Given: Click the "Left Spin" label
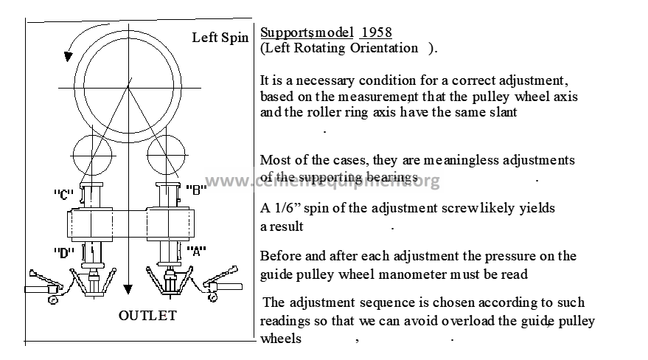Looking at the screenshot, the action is tap(220, 38).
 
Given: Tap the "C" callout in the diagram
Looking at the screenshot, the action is tap(63, 194).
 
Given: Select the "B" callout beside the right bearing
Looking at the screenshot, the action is tap(196, 190).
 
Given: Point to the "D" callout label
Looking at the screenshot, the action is tap(64, 252).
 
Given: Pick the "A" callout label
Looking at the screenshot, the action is tap(196, 251).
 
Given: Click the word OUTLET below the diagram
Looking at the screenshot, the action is tap(147, 316).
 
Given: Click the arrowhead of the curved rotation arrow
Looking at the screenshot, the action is tap(68, 57).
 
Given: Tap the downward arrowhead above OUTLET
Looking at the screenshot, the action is tap(128, 289).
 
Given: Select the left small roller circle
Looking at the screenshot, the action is tap(93, 136).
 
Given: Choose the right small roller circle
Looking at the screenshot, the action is tap(166, 136).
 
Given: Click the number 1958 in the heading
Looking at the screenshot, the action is tap(376, 32).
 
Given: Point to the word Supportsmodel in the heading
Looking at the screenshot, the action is tap(307, 32).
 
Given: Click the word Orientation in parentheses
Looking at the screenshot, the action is tap(384, 48).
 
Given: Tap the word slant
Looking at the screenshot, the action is tap(503, 112).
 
